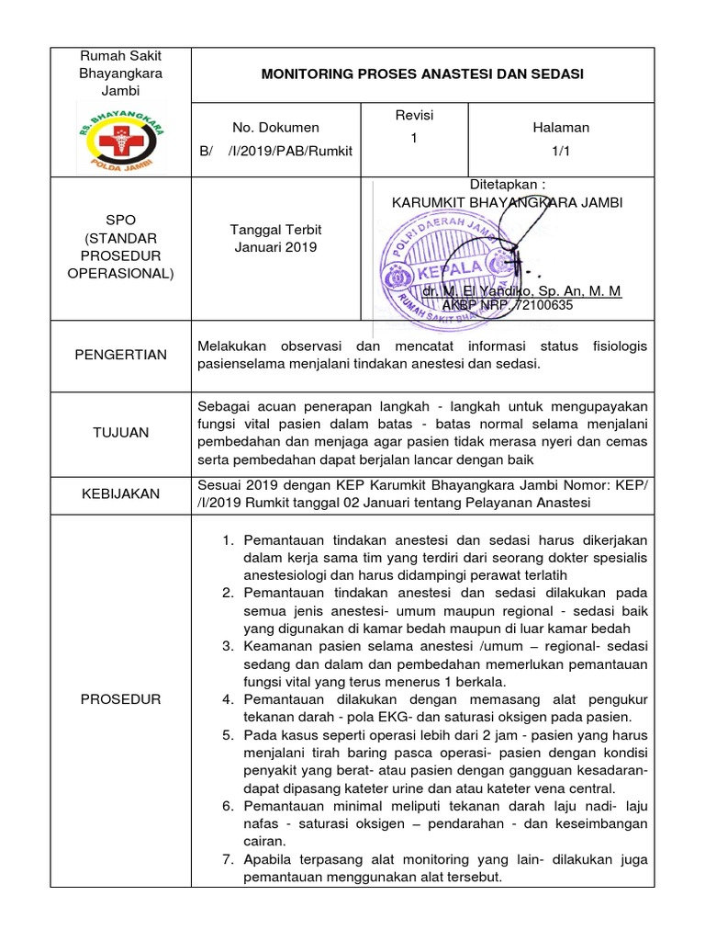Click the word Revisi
[413, 116]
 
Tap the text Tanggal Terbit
[275, 230]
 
